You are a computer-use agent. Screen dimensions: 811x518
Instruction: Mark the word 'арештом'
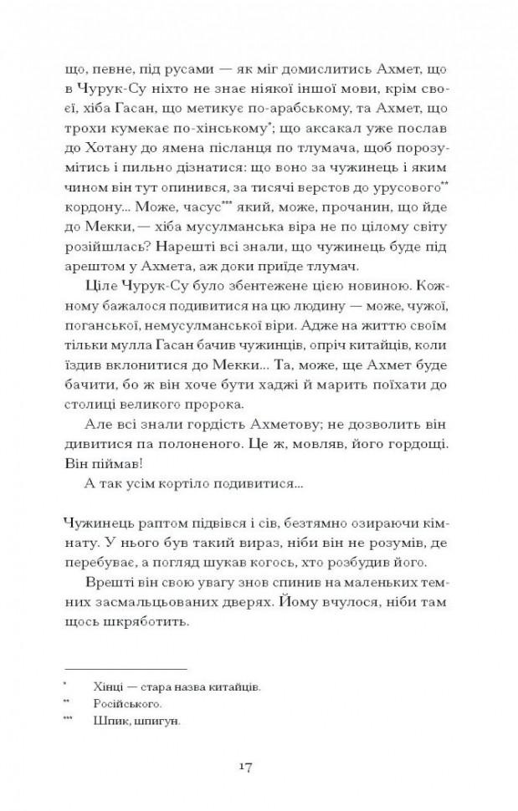tap(92, 267)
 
